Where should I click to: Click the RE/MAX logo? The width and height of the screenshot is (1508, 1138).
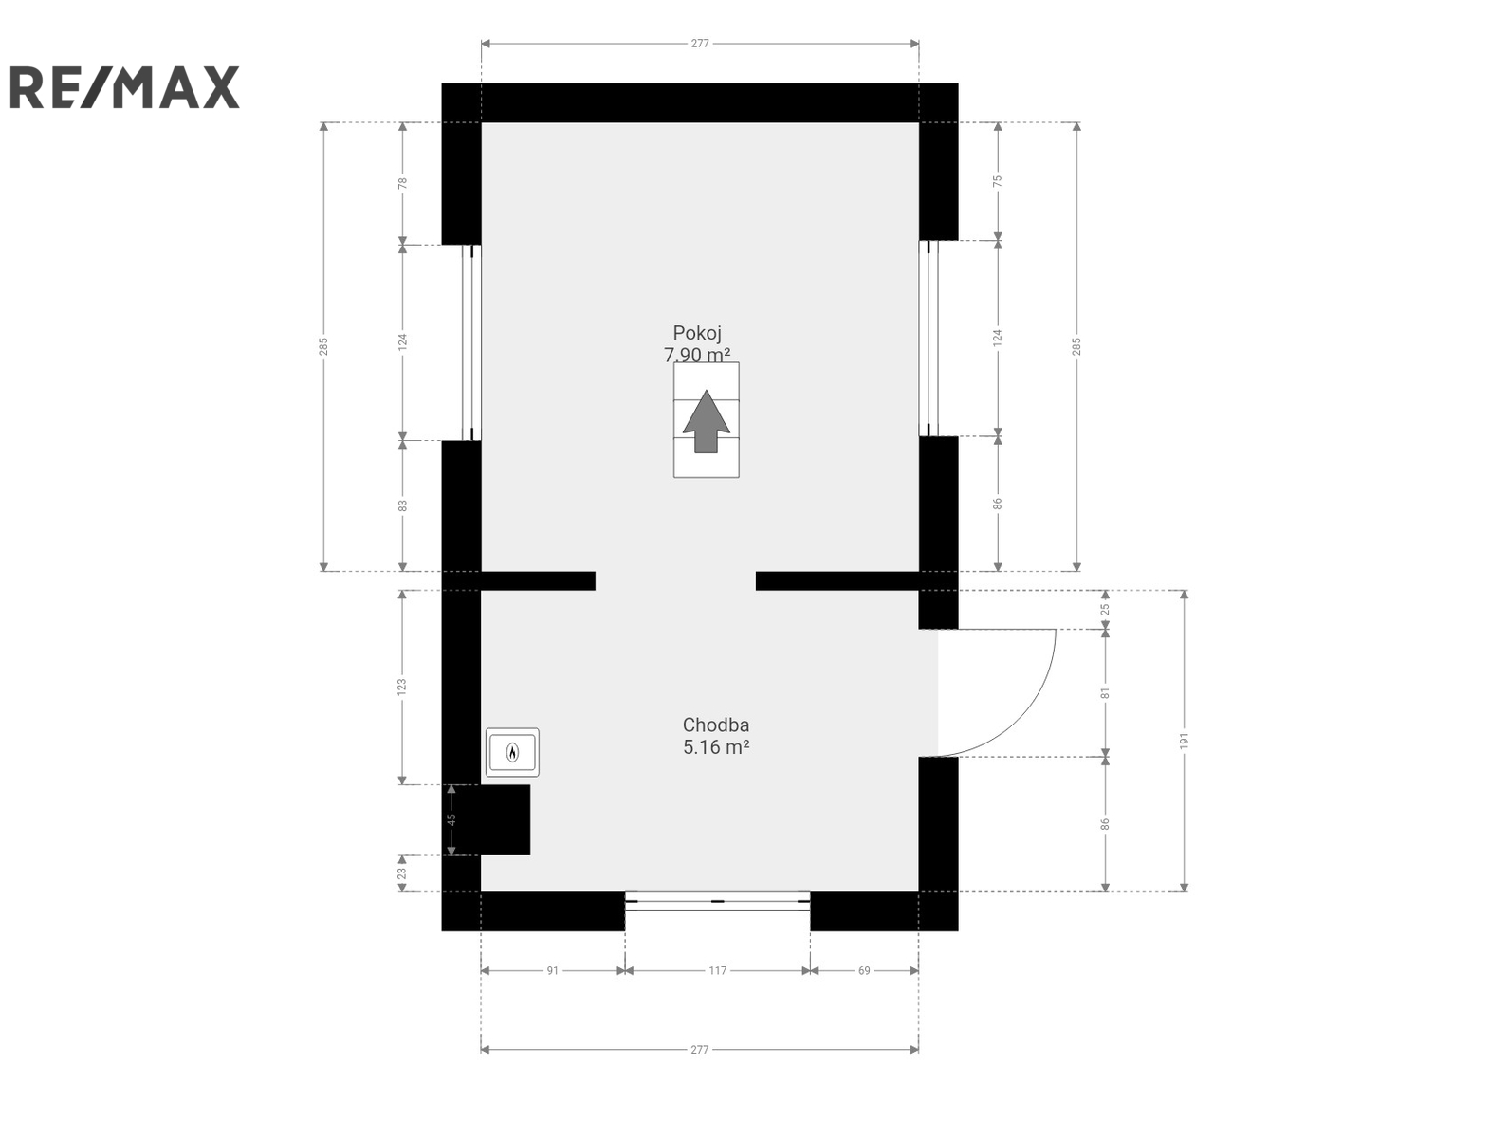[124, 87]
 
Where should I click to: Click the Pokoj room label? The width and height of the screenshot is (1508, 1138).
[697, 333]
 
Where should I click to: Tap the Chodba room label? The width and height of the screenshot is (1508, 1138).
[716, 725]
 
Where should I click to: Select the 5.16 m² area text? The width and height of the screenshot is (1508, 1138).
[716, 746]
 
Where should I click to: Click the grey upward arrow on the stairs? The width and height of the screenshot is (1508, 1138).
[706, 422]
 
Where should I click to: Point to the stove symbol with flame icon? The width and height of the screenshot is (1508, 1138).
[512, 752]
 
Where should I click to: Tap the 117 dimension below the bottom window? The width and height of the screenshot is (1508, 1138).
[717, 970]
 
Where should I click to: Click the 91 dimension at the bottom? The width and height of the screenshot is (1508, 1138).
[552, 970]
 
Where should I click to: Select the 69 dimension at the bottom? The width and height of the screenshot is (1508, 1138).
[864, 970]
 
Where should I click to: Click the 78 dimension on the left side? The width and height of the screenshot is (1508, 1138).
[402, 183]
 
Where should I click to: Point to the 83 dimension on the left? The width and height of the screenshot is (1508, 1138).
[402, 505]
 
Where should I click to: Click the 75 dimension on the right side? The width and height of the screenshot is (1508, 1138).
[998, 180]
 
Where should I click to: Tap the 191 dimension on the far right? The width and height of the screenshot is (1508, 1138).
[1184, 741]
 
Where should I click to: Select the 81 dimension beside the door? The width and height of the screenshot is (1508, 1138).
[1106, 693]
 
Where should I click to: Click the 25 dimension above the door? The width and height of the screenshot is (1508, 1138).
[1106, 609]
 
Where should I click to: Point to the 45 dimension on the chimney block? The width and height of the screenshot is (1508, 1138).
[451, 819]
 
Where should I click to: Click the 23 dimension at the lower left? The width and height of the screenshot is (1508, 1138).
[402, 873]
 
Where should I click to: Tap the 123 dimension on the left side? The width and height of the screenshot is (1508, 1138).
[402, 687]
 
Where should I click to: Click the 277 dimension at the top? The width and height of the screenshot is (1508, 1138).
[700, 44]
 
